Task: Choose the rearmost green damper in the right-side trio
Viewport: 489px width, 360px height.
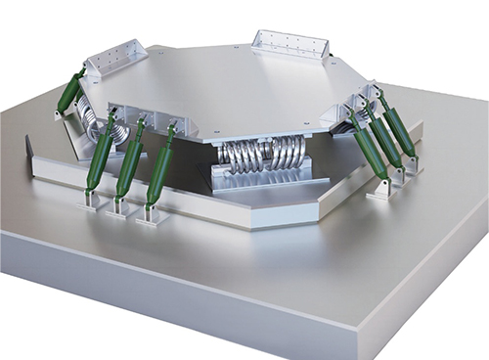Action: tap(399, 129)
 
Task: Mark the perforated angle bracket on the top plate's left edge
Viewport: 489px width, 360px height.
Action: tap(116, 61)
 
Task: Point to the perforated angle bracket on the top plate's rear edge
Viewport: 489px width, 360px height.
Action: tap(289, 43)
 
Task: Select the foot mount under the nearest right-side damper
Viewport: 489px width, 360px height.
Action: tap(380, 190)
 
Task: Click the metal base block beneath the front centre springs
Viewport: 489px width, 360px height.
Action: tap(261, 178)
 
